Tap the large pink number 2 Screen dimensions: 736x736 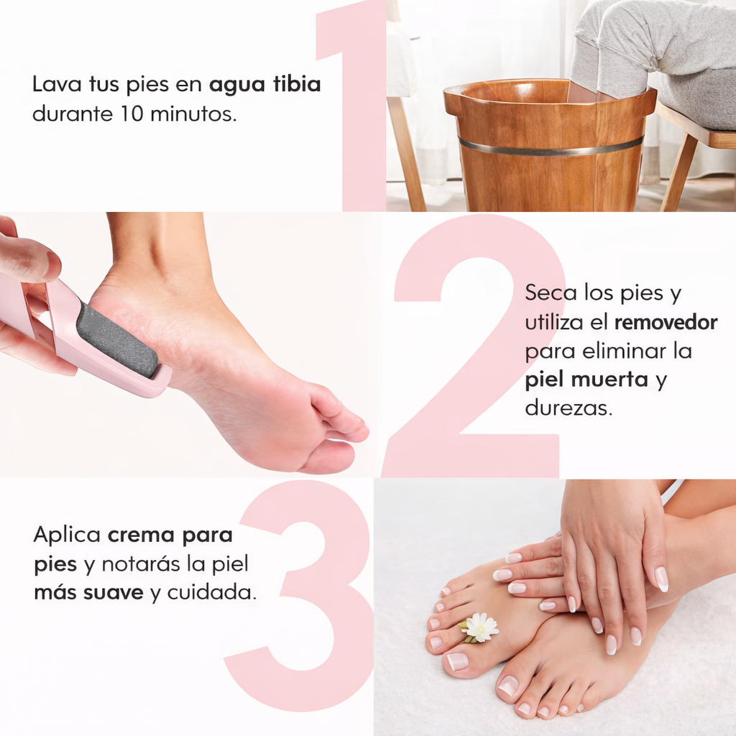click(x=474, y=345)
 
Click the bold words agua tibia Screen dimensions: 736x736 click(x=264, y=85)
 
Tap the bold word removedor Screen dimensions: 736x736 click(x=666, y=323)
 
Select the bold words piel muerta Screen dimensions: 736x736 click(x=586, y=380)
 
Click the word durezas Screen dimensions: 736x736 click(x=569, y=409)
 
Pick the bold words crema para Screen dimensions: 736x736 click(x=170, y=535)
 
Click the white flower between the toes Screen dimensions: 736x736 click(x=480, y=627)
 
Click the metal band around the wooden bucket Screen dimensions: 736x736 click(x=550, y=146)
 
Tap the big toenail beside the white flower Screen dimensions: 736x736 click(x=457, y=661)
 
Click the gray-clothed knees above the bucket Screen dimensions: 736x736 click(x=632, y=43)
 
